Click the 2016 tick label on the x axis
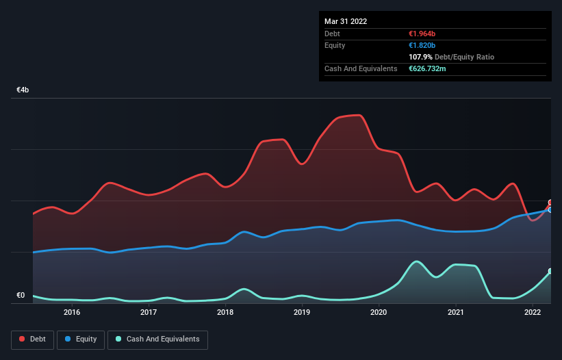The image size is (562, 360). [x=72, y=312]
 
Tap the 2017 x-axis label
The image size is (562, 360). [x=149, y=312]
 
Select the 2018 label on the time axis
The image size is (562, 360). [x=225, y=312]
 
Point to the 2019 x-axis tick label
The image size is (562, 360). [x=302, y=312]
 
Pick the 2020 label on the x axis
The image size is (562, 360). [x=379, y=312]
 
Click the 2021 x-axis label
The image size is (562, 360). [x=455, y=312]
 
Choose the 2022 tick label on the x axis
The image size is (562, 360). [x=532, y=312]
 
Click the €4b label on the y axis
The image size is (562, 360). [x=23, y=90]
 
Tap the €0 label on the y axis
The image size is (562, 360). [x=21, y=296]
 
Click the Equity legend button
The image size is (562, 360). [x=81, y=339]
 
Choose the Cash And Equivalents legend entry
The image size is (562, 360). [x=157, y=339]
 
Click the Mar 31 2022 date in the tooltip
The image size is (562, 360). [x=346, y=21]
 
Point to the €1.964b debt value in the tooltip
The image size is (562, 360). [x=422, y=34]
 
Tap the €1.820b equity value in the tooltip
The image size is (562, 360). [x=422, y=45]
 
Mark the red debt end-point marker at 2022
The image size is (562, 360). [x=550, y=203]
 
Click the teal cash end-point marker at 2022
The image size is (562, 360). [x=550, y=271]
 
